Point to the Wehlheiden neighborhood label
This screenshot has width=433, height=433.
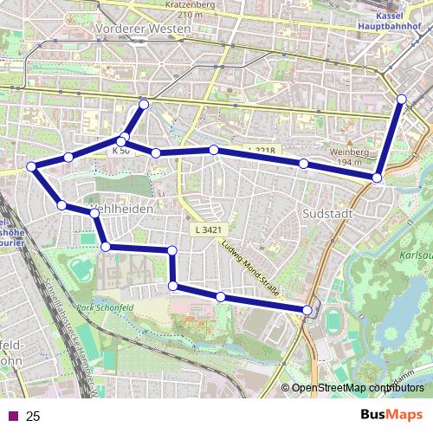[122, 210]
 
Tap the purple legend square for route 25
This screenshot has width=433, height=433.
[13, 417]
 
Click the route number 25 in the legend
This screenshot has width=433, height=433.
[33, 417]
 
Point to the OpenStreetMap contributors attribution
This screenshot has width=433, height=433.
[358, 388]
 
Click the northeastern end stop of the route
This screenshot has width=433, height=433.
[402, 100]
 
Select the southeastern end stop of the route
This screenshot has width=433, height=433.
[307, 309]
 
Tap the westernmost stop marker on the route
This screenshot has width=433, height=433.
[31, 166]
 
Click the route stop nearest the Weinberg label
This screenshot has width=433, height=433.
[378, 178]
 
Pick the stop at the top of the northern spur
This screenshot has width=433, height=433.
[144, 105]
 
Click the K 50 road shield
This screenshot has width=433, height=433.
[120, 150]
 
